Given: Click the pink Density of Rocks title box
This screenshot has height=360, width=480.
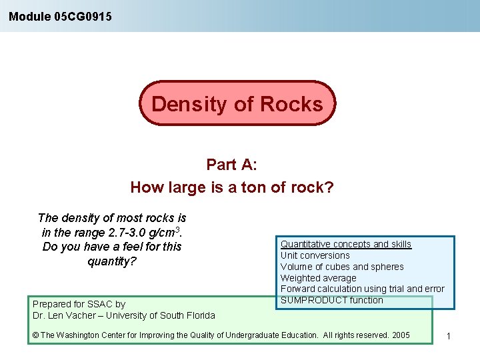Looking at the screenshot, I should (x=237, y=104).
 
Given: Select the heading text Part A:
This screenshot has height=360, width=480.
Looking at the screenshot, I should (x=231, y=165).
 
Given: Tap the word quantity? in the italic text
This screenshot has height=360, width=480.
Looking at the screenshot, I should (x=112, y=261).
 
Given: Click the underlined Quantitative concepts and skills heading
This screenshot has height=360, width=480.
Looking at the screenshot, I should (x=345, y=245).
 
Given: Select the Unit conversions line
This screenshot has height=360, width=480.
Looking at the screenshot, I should (x=315, y=255).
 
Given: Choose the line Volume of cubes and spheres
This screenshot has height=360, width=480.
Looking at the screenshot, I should (x=341, y=267).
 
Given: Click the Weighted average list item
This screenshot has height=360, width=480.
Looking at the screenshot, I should (x=318, y=278).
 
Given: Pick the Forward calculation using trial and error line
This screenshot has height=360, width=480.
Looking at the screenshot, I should (x=362, y=289).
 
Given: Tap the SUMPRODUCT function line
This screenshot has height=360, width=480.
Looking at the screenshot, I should (x=331, y=300).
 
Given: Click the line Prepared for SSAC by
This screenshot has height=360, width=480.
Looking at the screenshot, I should (x=79, y=304).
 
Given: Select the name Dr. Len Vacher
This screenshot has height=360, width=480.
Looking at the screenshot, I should (x=65, y=315).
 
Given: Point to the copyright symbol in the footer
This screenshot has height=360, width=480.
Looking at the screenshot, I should (x=35, y=335).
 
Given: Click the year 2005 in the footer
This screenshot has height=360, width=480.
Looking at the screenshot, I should (x=401, y=335).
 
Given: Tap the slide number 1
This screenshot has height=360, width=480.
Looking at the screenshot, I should (x=449, y=336).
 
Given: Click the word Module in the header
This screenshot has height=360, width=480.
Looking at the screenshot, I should (x=29, y=16).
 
